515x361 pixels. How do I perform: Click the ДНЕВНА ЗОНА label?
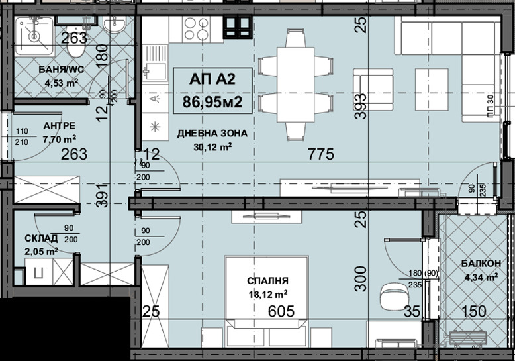(212, 133)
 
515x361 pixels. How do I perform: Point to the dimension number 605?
(281, 311)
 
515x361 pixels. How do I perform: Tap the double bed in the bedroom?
(267, 291)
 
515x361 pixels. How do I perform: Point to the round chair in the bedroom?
(391, 292)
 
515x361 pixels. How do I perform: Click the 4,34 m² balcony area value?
(481, 278)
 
